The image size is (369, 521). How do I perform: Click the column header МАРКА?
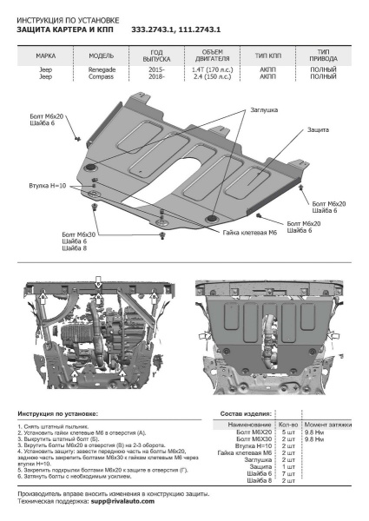click(45, 55)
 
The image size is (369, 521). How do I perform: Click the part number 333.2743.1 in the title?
click(154, 29)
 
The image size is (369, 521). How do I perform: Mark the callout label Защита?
click(318, 129)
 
